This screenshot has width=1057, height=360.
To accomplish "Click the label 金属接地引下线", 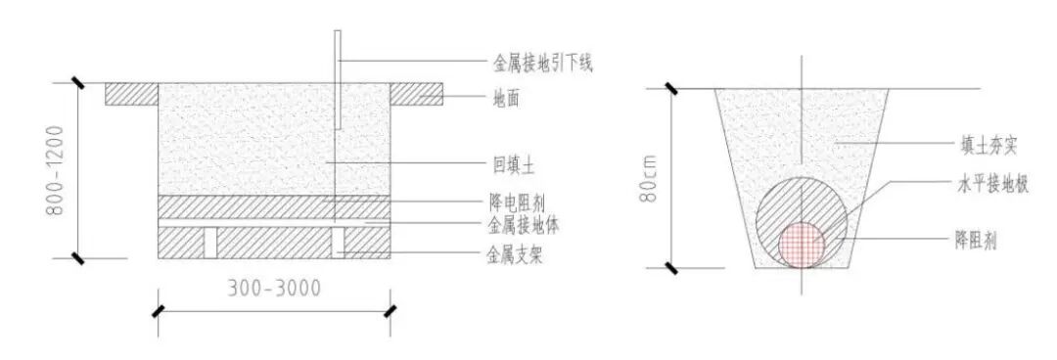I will coord(540,64).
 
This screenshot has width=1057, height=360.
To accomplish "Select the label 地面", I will coord(508,98).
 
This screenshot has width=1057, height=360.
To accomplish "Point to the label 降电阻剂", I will coord(516,203).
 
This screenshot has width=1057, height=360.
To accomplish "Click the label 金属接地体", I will coord(522,226).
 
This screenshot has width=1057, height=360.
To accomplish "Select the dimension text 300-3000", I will coord(273,289).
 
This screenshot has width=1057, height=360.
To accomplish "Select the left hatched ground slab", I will coord(132,94).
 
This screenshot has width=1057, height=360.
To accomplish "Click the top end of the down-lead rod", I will coord(336,32).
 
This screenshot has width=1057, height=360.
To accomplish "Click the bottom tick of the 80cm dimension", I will coord(672,267).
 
